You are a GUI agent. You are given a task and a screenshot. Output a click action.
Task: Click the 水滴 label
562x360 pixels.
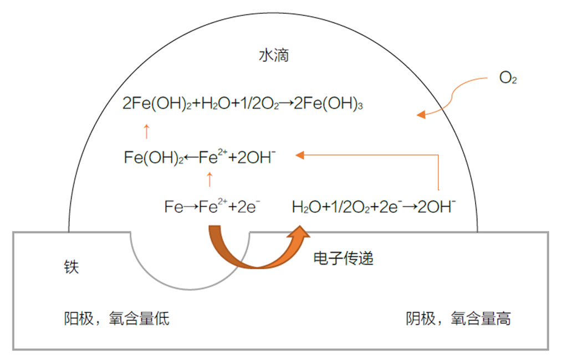[x=274, y=56]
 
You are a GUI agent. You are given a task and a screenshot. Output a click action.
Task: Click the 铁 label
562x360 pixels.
[x=71, y=268]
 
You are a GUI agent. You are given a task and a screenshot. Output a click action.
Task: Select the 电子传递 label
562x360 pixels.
[x=343, y=258]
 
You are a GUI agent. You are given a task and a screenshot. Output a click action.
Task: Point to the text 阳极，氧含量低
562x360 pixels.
[x=116, y=318]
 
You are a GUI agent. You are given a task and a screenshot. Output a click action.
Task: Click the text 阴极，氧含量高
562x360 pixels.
[x=458, y=318]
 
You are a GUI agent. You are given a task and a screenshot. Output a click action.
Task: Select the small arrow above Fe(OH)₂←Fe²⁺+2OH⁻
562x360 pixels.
[x=146, y=131]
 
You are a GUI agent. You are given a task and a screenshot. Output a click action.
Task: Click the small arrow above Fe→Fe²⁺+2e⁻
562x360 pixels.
[x=210, y=179]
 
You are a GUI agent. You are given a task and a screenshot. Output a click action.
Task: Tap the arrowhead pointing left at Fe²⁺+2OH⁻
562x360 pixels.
[x=301, y=156]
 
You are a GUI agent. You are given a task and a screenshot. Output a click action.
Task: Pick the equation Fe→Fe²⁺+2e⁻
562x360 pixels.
[x=212, y=208]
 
